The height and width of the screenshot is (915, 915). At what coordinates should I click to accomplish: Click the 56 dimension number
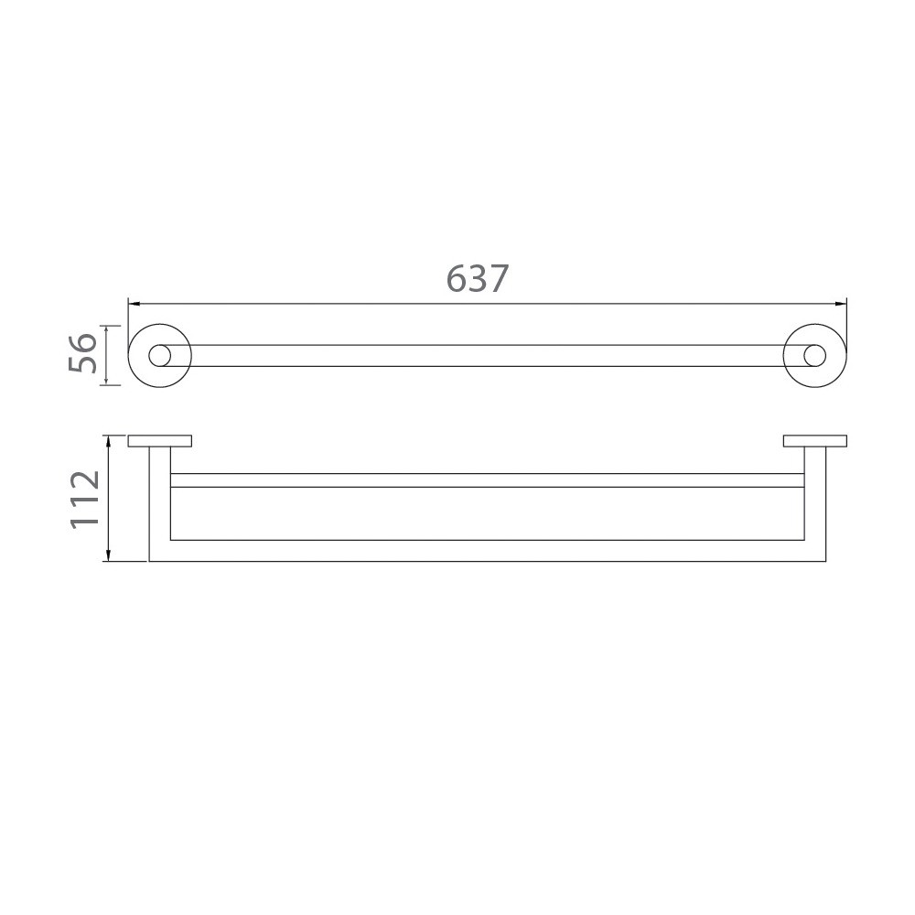[82, 355]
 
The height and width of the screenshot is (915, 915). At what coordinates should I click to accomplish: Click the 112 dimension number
[84, 499]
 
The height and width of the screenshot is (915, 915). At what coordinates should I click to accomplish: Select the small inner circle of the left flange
[160, 355]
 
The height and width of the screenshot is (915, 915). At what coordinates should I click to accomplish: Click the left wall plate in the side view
[160, 441]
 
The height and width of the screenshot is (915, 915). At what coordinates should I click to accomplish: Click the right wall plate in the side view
[814, 441]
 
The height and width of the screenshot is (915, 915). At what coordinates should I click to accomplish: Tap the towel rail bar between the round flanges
[485, 355]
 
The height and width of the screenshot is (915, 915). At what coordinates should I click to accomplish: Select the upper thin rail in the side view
[485, 480]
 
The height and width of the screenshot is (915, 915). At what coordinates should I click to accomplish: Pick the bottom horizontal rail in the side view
[485, 551]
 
